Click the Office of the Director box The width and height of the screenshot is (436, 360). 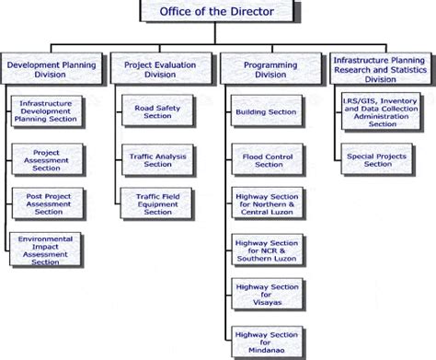tap(219, 12)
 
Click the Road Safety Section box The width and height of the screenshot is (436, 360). tap(158, 111)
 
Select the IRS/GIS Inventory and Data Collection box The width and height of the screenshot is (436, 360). tap(379, 111)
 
